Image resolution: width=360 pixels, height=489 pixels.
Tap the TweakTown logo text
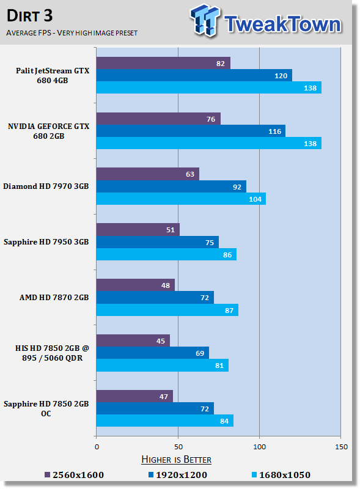pos(282,24)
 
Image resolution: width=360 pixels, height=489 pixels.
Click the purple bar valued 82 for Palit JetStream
pos(163,63)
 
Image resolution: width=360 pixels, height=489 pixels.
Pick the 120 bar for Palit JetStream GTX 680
pos(194,75)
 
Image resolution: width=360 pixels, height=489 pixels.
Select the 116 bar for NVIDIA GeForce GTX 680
pos(191,131)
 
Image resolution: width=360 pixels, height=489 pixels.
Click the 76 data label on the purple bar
pos(211,119)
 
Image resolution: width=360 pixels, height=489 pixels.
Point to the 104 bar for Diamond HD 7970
pos(181,199)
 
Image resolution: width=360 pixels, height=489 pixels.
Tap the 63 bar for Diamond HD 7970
pos(147,174)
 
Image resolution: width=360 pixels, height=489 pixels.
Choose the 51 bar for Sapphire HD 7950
pos(138,230)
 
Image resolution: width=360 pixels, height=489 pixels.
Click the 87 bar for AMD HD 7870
pos(167,310)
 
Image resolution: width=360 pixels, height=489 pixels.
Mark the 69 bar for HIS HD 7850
pos(152,353)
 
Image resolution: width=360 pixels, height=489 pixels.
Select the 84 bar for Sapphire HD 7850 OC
pos(164,421)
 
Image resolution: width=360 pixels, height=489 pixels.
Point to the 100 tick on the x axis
pos(259,446)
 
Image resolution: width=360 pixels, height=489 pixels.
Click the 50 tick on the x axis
pos(178,446)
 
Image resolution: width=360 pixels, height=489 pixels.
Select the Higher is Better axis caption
pos(176,459)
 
